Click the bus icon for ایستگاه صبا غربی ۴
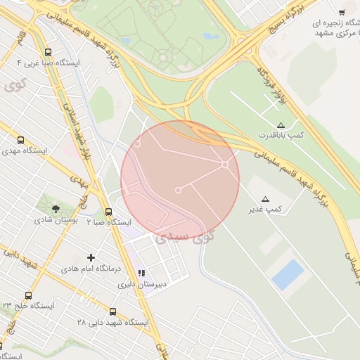click(48, 51)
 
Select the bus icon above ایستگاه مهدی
click(20, 140)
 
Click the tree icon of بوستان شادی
click(57, 208)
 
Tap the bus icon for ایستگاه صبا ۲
click(108, 212)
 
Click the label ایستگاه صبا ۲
click(109, 222)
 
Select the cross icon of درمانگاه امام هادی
click(91, 257)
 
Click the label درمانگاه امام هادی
click(91, 269)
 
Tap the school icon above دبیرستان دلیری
click(141, 274)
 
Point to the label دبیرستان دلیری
click(136, 285)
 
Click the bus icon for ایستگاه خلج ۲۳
click(28, 295)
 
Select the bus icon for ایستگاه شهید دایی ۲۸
click(113, 311)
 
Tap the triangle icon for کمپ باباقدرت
click(281, 124)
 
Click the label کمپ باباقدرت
click(281, 134)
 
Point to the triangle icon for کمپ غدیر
click(266, 199)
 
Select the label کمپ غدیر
click(265, 210)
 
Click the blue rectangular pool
click(288, 274)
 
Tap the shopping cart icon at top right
click(342, 11)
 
